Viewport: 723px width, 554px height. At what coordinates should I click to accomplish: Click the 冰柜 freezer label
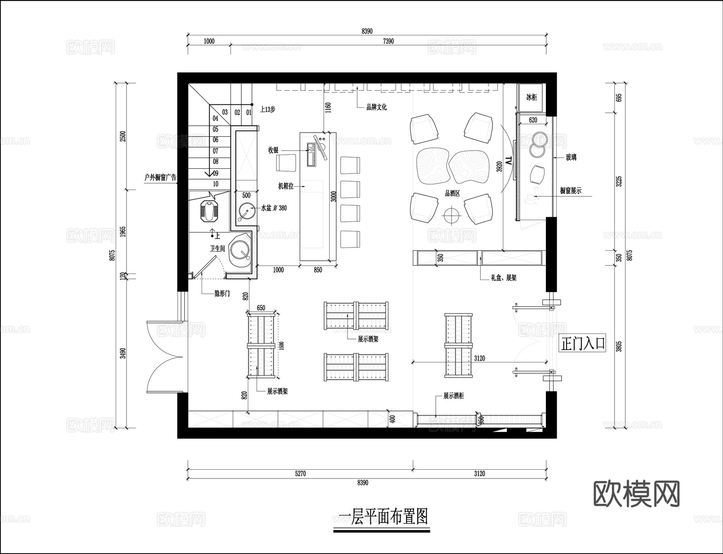[531, 97]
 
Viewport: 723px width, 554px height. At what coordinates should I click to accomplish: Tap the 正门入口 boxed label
[582, 344]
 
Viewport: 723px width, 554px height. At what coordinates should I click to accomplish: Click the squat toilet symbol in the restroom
[209, 211]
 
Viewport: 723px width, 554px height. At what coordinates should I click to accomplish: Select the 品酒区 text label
[452, 194]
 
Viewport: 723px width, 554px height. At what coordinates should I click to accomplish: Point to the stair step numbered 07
[216, 151]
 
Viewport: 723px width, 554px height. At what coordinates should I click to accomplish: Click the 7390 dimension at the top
[388, 41]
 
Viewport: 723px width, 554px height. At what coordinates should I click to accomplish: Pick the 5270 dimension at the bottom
[300, 473]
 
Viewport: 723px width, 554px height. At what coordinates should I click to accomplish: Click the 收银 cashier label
[274, 150]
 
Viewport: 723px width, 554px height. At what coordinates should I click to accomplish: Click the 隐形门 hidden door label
[222, 294]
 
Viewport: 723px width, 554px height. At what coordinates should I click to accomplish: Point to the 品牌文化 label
[376, 107]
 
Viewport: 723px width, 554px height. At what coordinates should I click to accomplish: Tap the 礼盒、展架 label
[503, 278]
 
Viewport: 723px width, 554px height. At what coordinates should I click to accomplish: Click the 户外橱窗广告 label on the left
[160, 177]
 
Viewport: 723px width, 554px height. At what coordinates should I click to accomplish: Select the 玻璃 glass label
[571, 157]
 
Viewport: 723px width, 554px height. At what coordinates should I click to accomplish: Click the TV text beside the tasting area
[509, 161]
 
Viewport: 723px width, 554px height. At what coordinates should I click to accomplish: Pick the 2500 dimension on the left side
[123, 136]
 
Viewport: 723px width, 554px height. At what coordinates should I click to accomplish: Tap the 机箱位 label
[286, 186]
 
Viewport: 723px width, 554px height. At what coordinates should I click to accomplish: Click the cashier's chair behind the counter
[286, 163]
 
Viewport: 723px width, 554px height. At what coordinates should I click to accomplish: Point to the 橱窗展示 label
[570, 191]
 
